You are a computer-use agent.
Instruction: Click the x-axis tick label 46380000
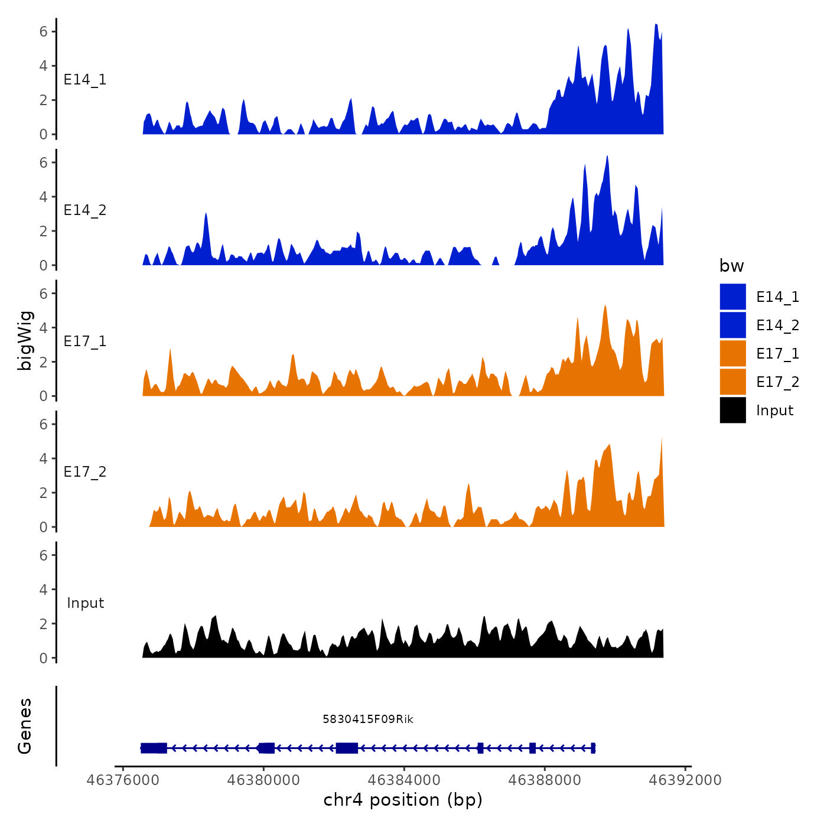click(263, 780)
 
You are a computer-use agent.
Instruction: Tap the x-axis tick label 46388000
click(544, 780)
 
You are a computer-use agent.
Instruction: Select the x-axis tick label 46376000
click(123, 780)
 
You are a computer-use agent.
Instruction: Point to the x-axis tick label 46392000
click(685, 780)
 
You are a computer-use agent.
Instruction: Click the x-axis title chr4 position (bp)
click(403, 800)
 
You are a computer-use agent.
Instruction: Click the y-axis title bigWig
click(25, 340)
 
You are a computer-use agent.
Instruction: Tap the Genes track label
click(25, 726)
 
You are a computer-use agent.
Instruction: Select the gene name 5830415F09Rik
click(367, 719)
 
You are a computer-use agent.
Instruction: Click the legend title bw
click(731, 266)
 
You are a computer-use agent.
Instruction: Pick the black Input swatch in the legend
click(732, 410)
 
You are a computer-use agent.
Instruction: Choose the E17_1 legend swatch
click(732, 353)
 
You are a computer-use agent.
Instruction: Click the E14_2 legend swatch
click(732, 325)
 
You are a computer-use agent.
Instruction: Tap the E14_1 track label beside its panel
click(85, 80)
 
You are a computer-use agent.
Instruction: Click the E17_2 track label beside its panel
click(85, 471)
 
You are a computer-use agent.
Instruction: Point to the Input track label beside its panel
click(85, 603)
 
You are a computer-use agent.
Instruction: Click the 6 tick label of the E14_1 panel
click(44, 31)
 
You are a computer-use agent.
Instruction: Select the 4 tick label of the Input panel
click(44, 589)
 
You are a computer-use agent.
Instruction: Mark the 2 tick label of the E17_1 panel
click(44, 362)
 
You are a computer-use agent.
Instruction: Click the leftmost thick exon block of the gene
click(154, 748)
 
